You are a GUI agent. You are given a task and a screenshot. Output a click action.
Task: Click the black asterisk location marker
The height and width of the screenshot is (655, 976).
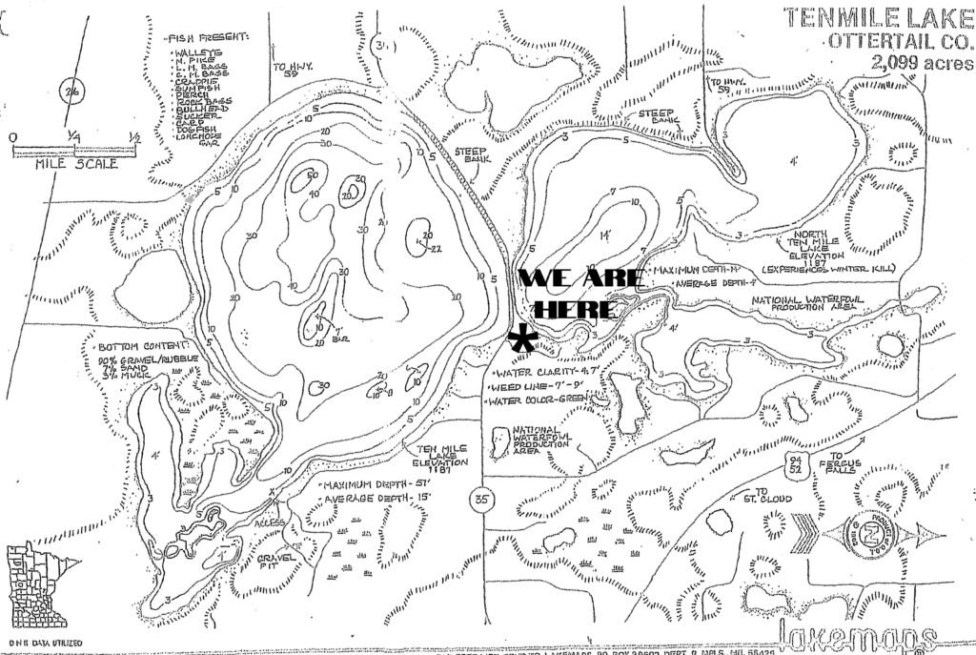[522, 339]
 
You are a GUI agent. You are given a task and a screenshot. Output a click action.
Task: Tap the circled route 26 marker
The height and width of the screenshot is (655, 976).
[69, 92]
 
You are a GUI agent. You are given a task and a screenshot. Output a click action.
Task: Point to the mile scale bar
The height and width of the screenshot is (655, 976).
[74, 149]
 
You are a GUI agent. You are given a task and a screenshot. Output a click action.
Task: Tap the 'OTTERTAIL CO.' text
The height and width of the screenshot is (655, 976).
[901, 41]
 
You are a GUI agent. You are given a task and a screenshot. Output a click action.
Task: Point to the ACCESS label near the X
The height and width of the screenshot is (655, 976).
[265, 523]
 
